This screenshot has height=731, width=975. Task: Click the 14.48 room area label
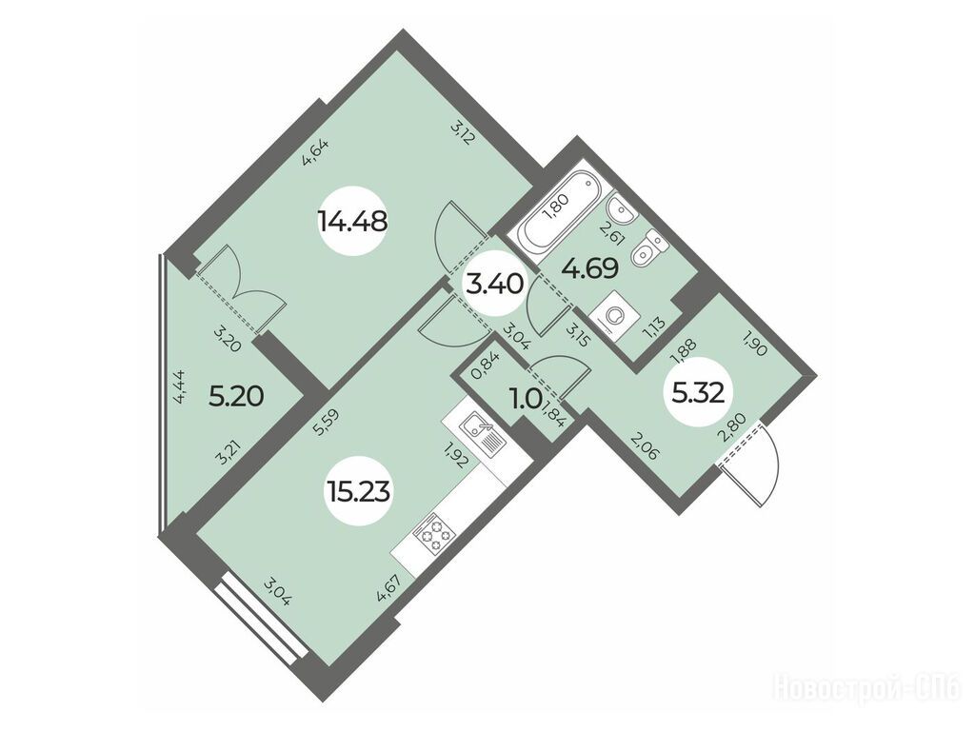point(352,220)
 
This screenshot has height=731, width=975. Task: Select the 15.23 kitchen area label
point(357,492)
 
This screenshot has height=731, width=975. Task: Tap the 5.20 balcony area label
point(236,395)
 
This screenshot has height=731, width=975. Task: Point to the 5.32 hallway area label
point(698,392)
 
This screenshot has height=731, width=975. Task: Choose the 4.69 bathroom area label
point(589,269)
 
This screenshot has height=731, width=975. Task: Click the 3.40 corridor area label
point(494,286)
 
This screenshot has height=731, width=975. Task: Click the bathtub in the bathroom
point(560,208)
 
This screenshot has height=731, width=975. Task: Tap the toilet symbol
point(647,248)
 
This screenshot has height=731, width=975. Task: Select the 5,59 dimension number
point(322,425)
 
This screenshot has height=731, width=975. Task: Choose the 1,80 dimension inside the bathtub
point(554,205)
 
